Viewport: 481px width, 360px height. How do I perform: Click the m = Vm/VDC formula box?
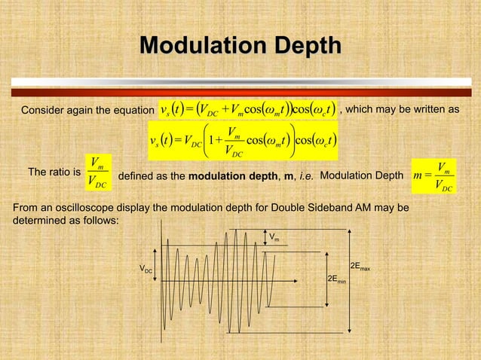pyautogui.click(x=436, y=174)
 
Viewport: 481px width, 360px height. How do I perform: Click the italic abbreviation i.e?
pyautogui.click(x=305, y=175)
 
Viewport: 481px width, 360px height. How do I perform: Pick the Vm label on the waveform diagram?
pyautogui.click(x=276, y=237)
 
